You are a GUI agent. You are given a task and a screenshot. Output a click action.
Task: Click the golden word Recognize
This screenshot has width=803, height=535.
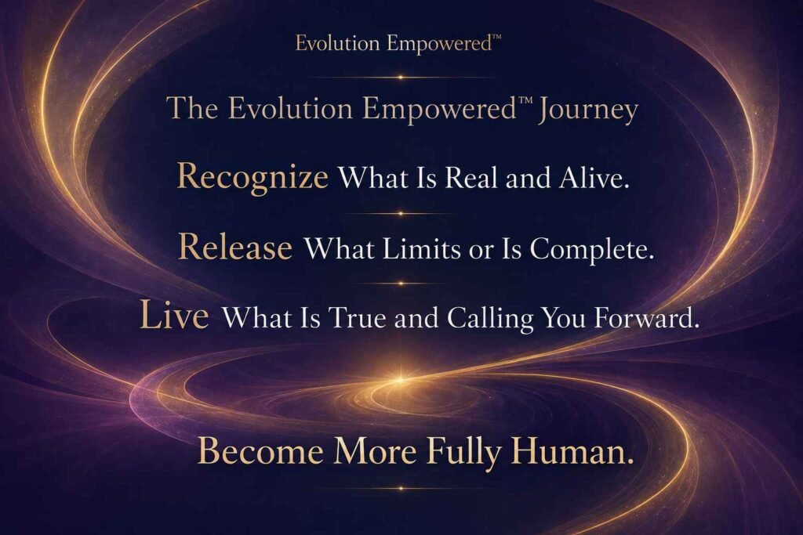point(253,178)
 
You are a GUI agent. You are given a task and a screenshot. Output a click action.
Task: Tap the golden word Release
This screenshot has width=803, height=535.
point(235,247)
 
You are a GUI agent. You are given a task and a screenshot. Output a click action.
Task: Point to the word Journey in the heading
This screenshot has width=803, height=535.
point(587,110)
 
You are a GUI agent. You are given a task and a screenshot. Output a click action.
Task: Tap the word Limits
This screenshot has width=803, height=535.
point(421,249)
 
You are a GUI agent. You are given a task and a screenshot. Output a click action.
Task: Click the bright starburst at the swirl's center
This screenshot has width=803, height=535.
point(401,380)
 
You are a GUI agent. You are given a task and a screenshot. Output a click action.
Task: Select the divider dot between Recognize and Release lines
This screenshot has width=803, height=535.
point(401,213)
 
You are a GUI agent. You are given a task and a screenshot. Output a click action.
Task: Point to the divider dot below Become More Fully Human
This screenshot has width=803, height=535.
point(401,489)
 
